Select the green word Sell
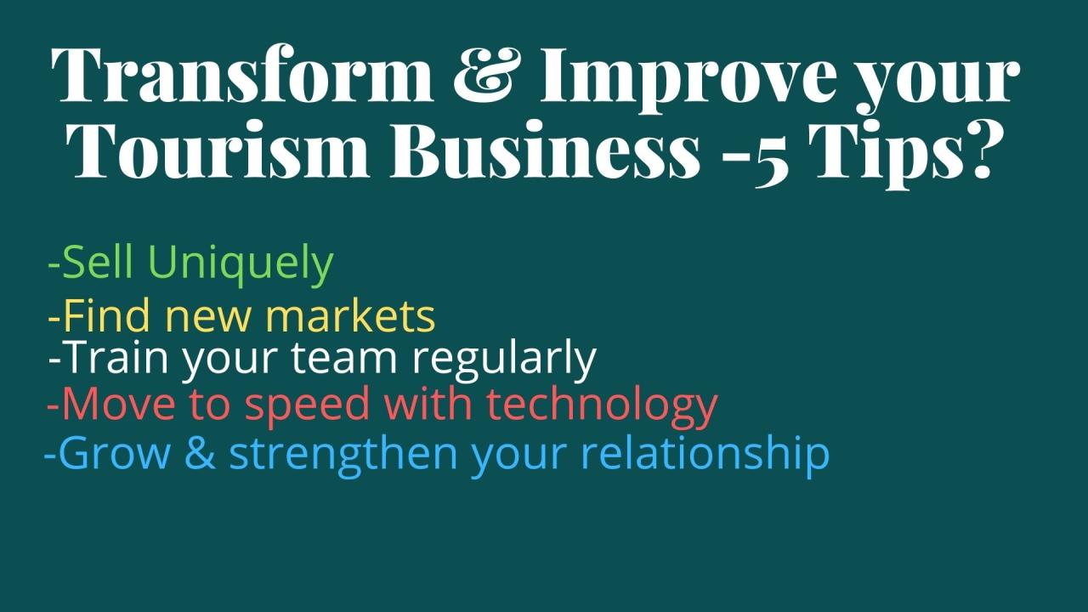click(x=97, y=262)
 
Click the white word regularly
click(x=504, y=360)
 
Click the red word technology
click(x=602, y=406)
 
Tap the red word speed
click(x=307, y=406)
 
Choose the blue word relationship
click(x=705, y=454)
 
